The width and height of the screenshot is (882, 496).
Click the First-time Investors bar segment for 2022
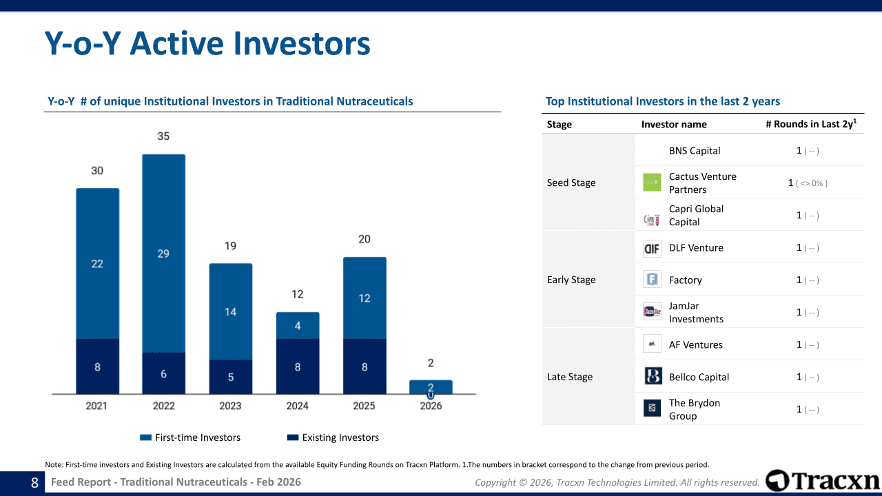164,253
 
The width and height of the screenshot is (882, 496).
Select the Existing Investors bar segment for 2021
98,366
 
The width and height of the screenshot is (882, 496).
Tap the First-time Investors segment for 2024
298,326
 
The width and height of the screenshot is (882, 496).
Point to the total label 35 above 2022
163,136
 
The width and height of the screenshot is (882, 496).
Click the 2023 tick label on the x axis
230,406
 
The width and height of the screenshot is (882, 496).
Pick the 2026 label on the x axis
431,406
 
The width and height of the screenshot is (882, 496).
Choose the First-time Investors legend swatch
145,437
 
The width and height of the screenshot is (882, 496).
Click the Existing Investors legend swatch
293,437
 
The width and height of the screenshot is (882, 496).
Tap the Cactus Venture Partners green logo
652,183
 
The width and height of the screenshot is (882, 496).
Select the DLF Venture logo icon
652,249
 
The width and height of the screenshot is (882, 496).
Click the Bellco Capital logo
653,375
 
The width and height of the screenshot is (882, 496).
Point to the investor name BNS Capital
695,151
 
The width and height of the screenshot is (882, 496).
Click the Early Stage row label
571,280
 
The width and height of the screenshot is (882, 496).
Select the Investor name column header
674,125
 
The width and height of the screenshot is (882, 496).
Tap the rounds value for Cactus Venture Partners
808,183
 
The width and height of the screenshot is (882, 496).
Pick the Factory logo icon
652,279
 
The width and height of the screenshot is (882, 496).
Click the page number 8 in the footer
34,483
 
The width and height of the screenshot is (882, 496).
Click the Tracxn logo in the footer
822,481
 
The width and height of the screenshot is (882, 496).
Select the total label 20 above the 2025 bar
365,239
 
